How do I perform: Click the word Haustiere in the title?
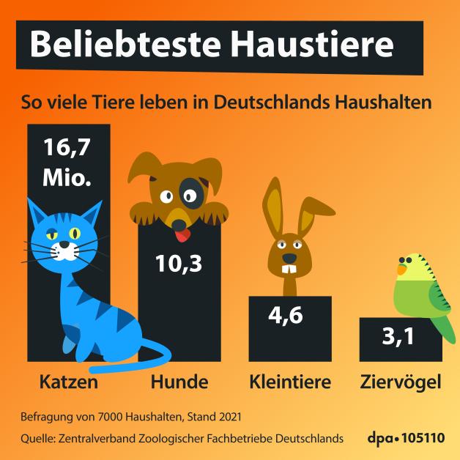[x=311, y=45]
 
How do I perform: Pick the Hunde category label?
[x=179, y=382]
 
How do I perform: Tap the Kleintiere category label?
[x=290, y=382]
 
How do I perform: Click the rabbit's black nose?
[x=290, y=259]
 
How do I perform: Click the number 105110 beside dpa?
[x=423, y=438]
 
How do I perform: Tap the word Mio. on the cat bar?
[x=68, y=177]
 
